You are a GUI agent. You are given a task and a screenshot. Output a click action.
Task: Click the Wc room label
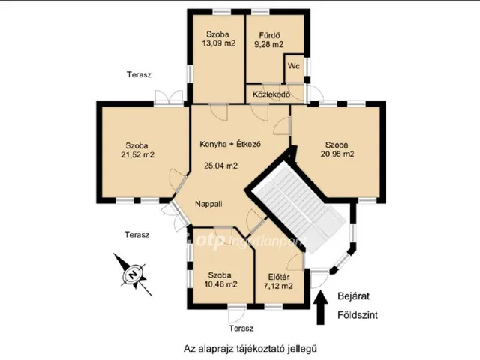[x=293, y=66]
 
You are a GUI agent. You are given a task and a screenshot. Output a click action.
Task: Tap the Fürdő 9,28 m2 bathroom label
[x=269, y=40]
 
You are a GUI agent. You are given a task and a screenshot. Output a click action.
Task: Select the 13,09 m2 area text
[x=218, y=43]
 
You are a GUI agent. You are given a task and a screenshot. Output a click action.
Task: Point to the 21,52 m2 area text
[x=137, y=155]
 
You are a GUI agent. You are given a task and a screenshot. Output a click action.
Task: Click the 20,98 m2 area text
[x=337, y=154]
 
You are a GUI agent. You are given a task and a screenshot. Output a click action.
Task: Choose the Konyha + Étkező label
[x=230, y=144]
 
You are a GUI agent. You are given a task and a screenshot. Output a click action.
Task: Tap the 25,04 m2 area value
[x=220, y=166]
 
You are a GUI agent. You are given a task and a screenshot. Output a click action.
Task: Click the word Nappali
[x=208, y=204]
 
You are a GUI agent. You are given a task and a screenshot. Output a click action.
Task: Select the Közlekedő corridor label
[x=271, y=94]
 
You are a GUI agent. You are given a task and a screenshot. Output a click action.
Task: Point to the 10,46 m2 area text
[x=220, y=284]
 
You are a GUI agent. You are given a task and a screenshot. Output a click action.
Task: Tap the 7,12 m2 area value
[x=278, y=286]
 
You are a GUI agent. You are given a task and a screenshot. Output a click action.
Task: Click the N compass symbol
[x=133, y=273]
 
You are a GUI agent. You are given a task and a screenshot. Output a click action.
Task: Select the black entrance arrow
[x=320, y=307]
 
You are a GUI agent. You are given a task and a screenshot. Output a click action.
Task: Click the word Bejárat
[x=353, y=296]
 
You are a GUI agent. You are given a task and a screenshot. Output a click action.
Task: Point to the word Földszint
[x=358, y=315]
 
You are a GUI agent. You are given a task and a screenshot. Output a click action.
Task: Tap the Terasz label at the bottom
[x=241, y=328]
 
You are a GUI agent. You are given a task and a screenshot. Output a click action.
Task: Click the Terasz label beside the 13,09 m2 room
[x=139, y=75]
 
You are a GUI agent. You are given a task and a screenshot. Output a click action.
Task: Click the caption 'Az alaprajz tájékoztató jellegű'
[x=250, y=348]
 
